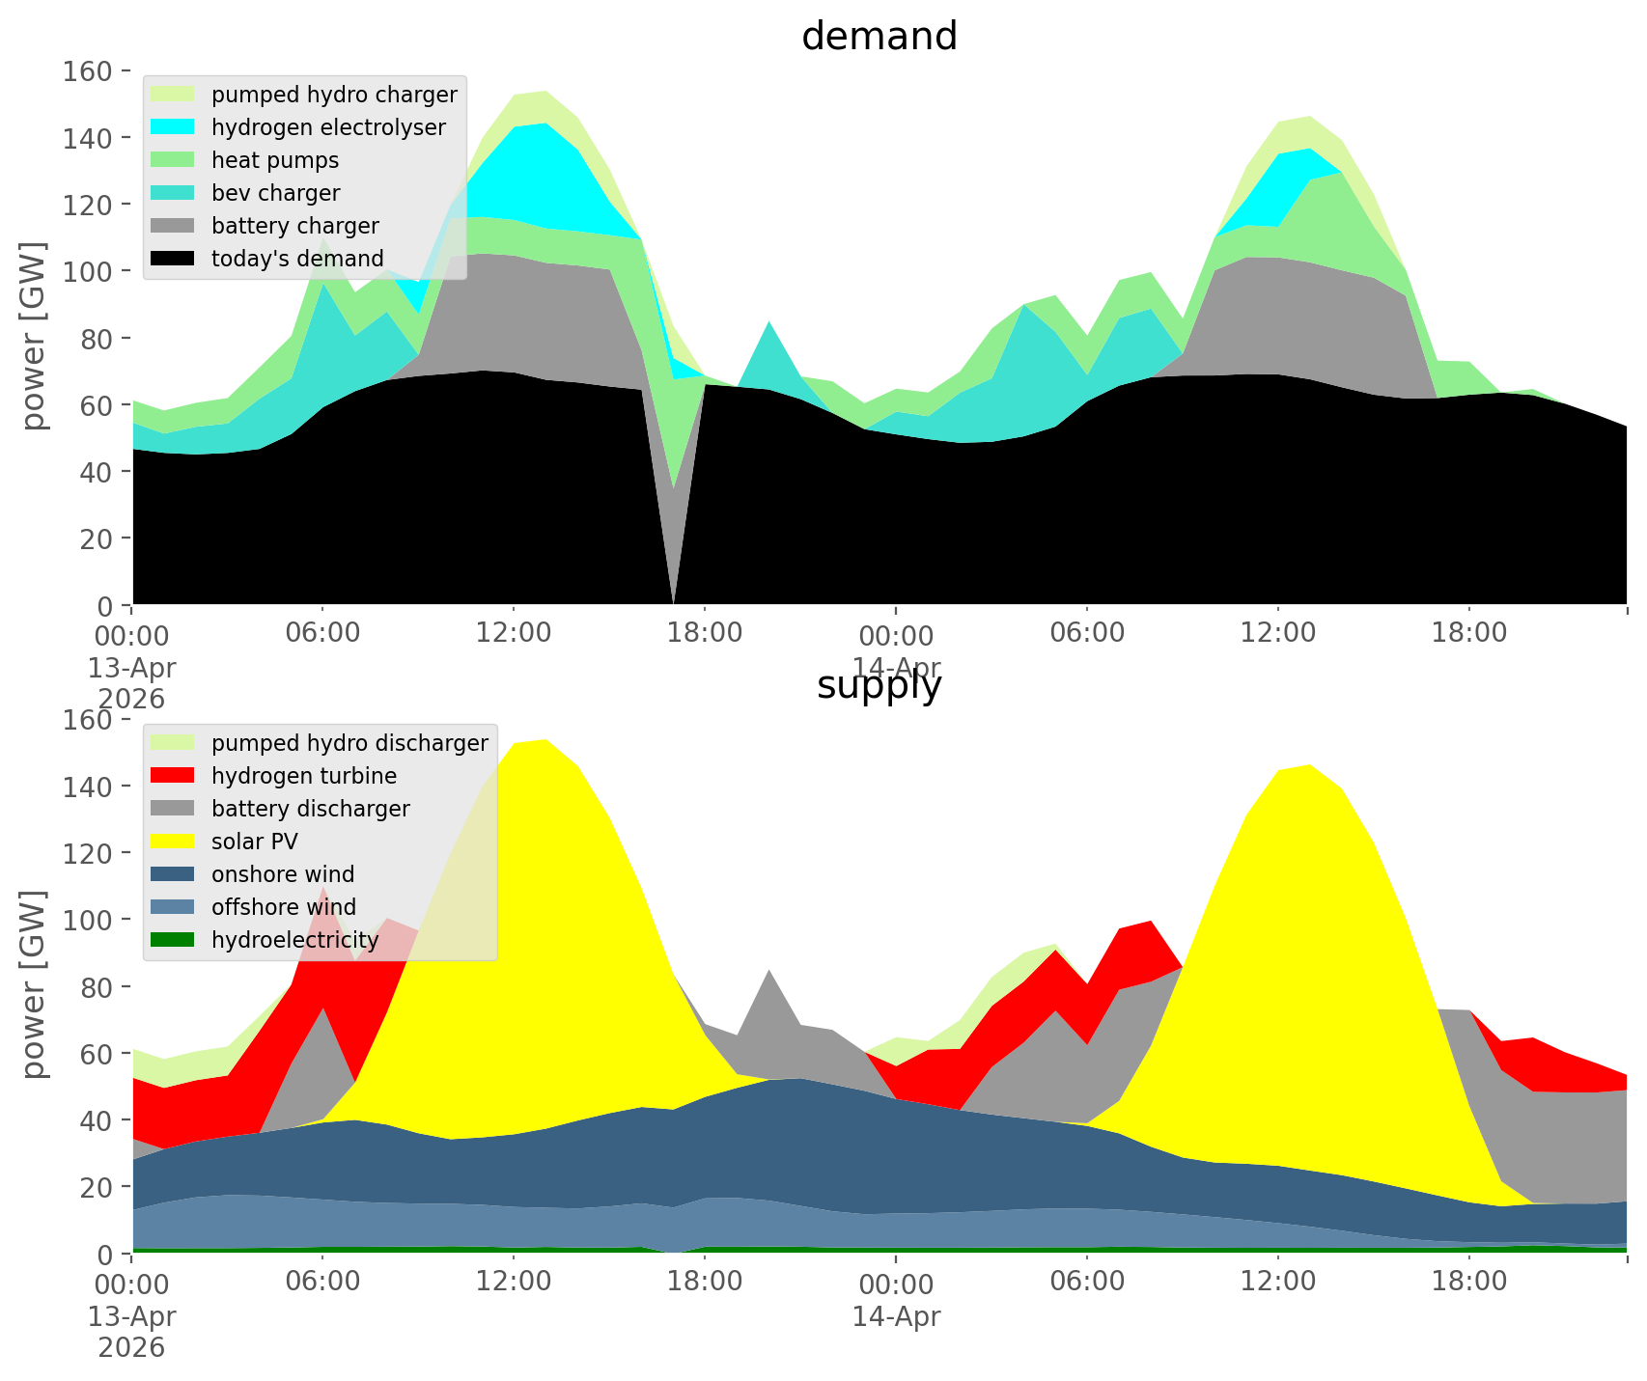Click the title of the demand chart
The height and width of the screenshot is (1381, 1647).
(879, 37)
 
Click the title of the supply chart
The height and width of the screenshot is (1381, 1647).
(879, 685)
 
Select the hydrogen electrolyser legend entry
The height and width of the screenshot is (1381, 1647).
(328, 127)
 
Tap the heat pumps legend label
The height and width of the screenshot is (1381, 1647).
(275, 160)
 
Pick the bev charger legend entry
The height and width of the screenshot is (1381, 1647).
(275, 193)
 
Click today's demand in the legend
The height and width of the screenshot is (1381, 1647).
(297, 259)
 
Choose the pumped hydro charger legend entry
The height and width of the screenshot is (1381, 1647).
(334, 95)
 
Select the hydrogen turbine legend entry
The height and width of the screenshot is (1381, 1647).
(303, 776)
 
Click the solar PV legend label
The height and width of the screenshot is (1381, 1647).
(255, 842)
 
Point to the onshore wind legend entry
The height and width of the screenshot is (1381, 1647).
(283, 874)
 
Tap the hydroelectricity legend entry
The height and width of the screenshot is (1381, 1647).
(294, 940)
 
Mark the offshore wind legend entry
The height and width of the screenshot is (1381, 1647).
(284, 907)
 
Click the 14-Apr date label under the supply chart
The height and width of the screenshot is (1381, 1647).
(896, 1316)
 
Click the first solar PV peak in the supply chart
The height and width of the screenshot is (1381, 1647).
(545, 740)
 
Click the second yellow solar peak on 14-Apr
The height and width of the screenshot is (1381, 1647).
(1309, 765)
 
